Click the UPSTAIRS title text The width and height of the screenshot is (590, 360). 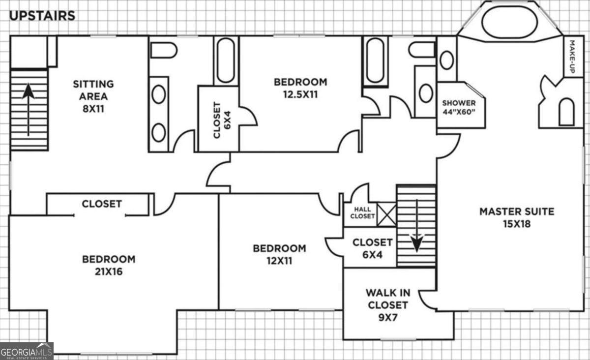(42, 16)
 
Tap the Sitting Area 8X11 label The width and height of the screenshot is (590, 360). (93, 96)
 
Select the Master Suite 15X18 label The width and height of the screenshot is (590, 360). (517, 218)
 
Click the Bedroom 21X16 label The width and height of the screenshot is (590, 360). (109, 265)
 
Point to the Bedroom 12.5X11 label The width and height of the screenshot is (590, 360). (300, 88)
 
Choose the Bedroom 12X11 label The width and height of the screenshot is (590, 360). (279, 254)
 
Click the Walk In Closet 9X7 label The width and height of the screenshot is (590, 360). (388, 305)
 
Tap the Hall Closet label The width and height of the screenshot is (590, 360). (362, 212)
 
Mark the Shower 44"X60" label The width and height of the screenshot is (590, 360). (459, 107)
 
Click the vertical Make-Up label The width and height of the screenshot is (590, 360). (572, 57)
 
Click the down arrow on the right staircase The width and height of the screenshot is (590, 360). (417, 226)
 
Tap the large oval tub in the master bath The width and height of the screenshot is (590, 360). (510, 22)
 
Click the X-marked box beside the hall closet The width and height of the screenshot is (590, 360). (386, 214)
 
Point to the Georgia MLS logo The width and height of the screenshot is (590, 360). (27, 351)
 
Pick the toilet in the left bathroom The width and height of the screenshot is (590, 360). (164, 50)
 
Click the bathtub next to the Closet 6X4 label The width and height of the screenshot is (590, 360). (226, 60)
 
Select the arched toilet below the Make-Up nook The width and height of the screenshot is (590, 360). (566, 112)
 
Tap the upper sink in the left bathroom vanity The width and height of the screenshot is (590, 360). (159, 94)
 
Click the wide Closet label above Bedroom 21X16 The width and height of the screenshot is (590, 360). (102, 204)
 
